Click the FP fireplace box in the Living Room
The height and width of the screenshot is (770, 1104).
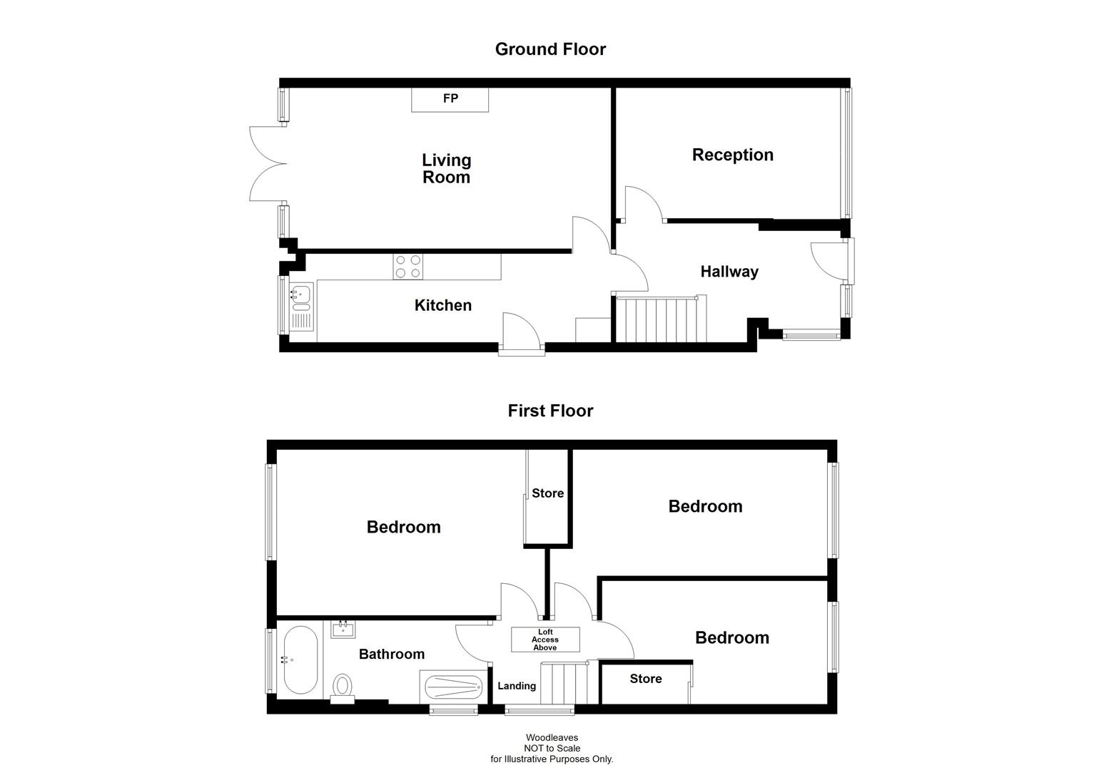click(450, 99)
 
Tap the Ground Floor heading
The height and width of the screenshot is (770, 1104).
click(550, 49)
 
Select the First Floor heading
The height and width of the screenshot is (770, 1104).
click(550, 411)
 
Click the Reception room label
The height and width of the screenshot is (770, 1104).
click(732, 155)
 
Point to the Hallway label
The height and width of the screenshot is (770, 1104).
click(729, 272)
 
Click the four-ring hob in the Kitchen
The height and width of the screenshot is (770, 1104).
click(407, 267)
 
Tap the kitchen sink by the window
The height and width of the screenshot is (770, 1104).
click(301, 307)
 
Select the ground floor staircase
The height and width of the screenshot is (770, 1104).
click(659, 319)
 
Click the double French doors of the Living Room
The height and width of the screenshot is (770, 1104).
click(268, 163)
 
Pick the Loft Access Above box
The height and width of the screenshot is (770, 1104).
click(545, 640)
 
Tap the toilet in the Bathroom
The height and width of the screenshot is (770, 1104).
click(343, 687)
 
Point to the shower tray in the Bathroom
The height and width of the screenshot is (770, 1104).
click(453, 687)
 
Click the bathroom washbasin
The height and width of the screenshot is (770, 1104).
click(343, 630)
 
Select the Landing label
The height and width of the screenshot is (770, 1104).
click(516, 686)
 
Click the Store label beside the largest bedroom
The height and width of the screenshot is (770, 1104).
click(547, 493)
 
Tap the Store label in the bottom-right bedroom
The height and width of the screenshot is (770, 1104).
click(645, 679)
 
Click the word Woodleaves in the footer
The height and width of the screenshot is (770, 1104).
click(552, 738)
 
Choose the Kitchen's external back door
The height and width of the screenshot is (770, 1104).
click(521, 332)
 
